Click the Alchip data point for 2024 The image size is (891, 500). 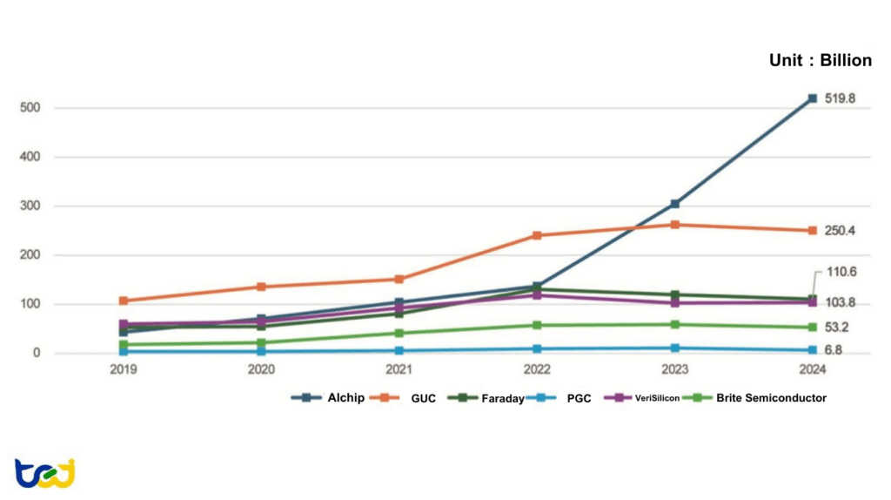[x=812, y=98]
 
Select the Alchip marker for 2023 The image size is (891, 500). [x=674, y=204]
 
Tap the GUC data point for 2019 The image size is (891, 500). [x=124, y=301]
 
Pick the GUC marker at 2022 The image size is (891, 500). [x=537, y=235]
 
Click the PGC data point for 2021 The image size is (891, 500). [x=399, y=351]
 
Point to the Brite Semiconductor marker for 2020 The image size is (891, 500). [x=261, y=342]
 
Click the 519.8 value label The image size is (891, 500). [x=840, y=98]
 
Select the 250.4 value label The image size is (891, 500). [x=840, y=231]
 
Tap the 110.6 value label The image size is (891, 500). [x=841, y=272]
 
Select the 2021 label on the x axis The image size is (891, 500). [x=399, y=369]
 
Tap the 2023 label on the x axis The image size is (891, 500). [x=674, y=369]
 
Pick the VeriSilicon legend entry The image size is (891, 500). [x=643, y=398]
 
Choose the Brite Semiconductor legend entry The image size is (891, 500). [x=760, y=398]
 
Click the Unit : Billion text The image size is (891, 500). [x=820, y=60]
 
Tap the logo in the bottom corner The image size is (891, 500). [x=44, y=473]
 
